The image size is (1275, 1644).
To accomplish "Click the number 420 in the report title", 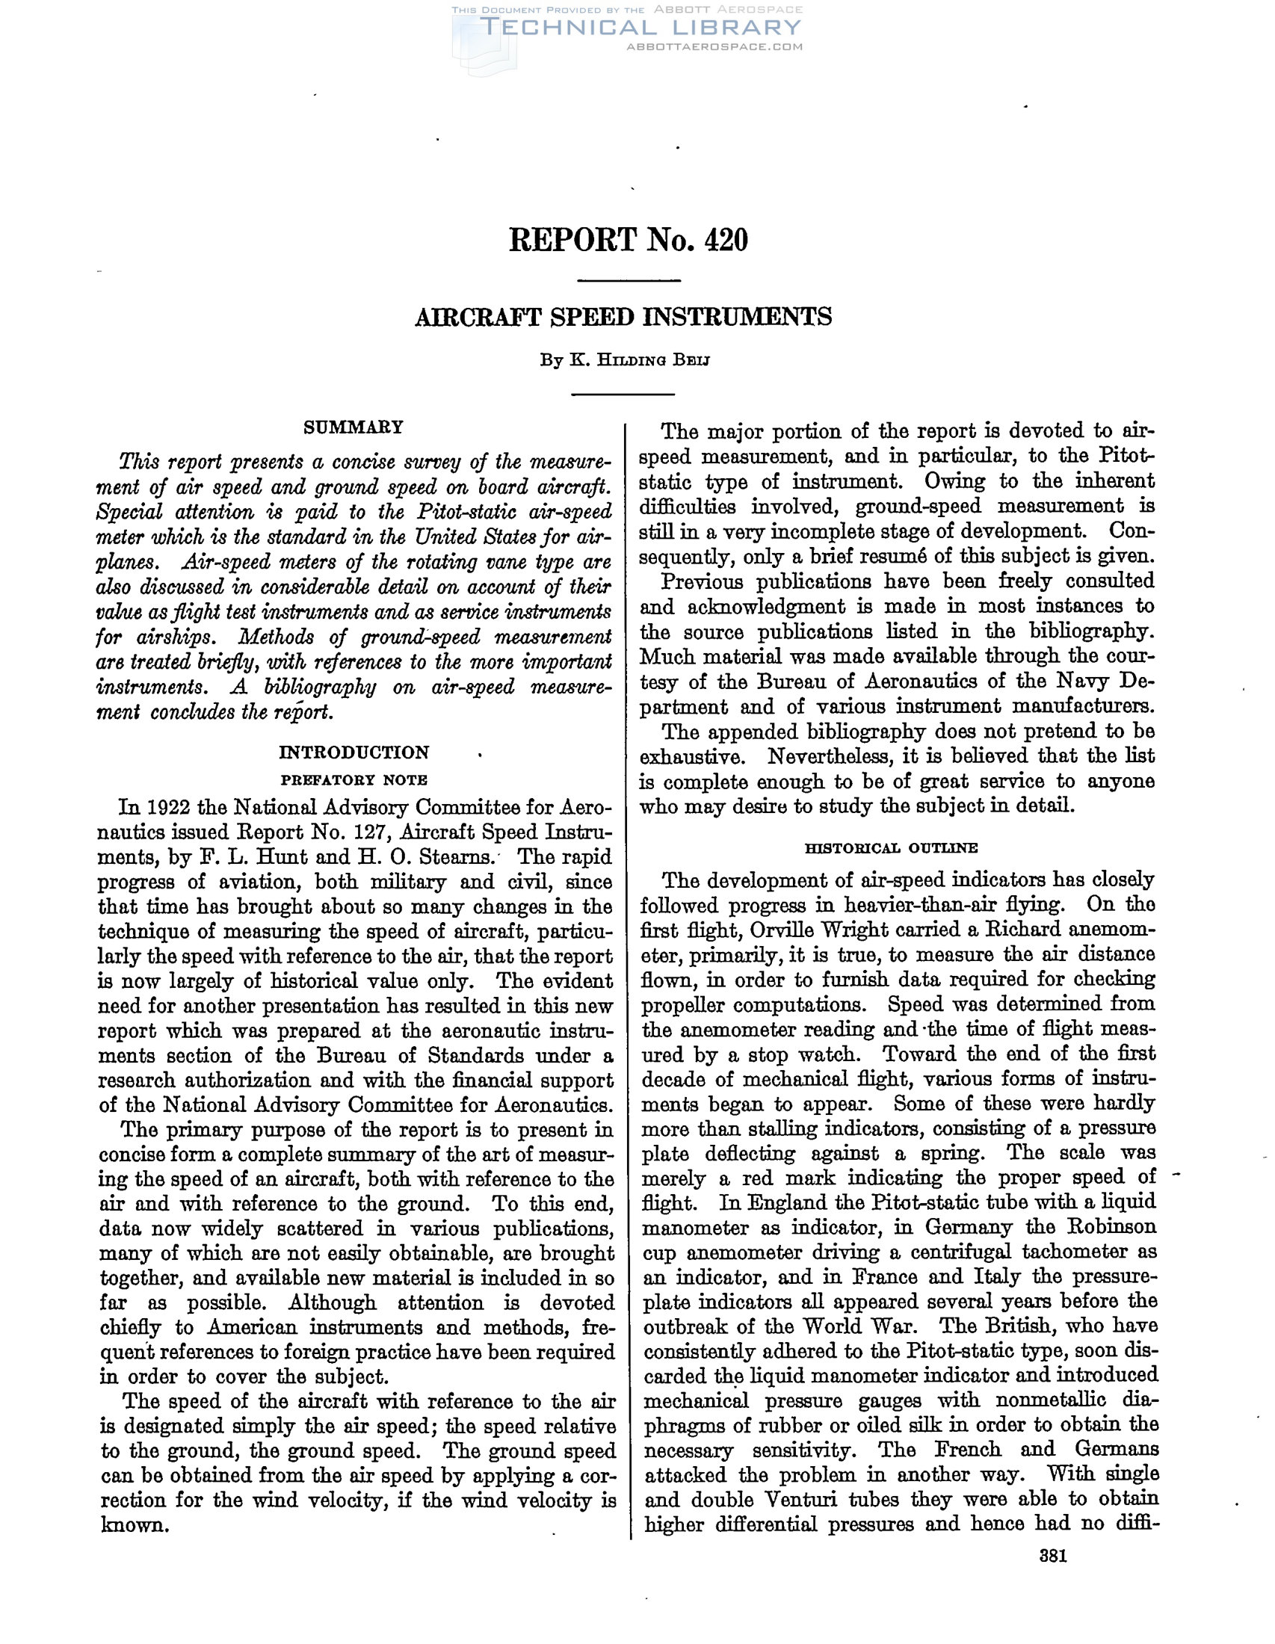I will coord(726,240).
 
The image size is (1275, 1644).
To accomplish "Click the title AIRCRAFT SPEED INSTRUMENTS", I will coord(623,317).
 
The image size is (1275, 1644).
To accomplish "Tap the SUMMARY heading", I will coord(353,427).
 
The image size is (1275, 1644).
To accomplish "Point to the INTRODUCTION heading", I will coord(354,752).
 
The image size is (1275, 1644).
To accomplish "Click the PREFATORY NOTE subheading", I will coord(354,779).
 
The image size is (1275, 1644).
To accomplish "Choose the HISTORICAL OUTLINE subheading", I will coord(891,847).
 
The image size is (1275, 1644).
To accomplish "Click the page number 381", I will coord(1053,1556).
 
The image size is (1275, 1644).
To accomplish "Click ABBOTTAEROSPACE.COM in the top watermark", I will coord(714,46).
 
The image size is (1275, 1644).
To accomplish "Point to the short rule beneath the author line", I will coord(623,394).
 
